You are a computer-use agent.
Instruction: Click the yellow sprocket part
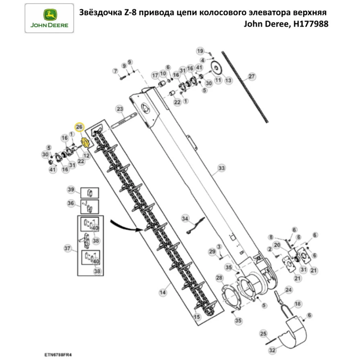click(x=85, y=142)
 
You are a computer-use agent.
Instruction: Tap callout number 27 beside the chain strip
click(x=251, y=76)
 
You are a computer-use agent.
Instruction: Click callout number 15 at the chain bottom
click(x=196, y=317)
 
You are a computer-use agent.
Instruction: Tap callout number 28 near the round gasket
click(x=219, y=277)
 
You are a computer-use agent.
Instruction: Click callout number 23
click(x=120, y=109)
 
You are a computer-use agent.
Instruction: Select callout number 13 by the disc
click(x=228, y=81)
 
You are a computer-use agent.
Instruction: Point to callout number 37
click(x=67, y=248)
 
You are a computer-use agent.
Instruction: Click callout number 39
click(x=71, y=190)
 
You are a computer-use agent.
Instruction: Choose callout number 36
click(x=71, y=203)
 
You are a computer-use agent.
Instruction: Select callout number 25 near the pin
click(x=263, y=333)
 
